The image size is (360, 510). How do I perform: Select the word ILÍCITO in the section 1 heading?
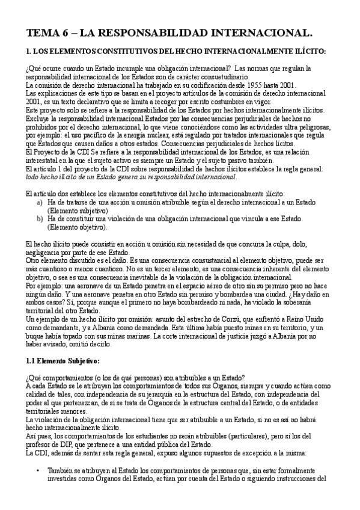click(311, 52)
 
